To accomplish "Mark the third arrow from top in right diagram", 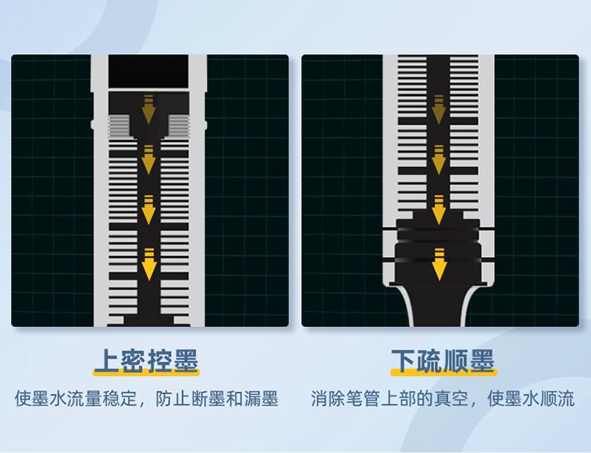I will tap(438, 210).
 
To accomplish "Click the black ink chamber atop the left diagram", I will tap(149, 72).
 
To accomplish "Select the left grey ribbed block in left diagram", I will tap(118, 124).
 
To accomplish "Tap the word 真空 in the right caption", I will tap(451, 398).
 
